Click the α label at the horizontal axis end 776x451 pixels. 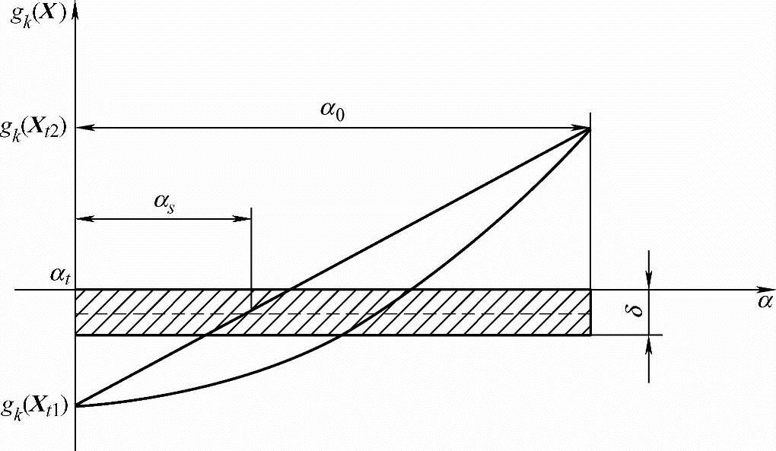coord(764,300)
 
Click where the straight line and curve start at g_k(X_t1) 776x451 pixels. coord(76,405)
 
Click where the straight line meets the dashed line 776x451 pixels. coord(250,312)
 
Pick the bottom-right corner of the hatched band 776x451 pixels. coord(590,335)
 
